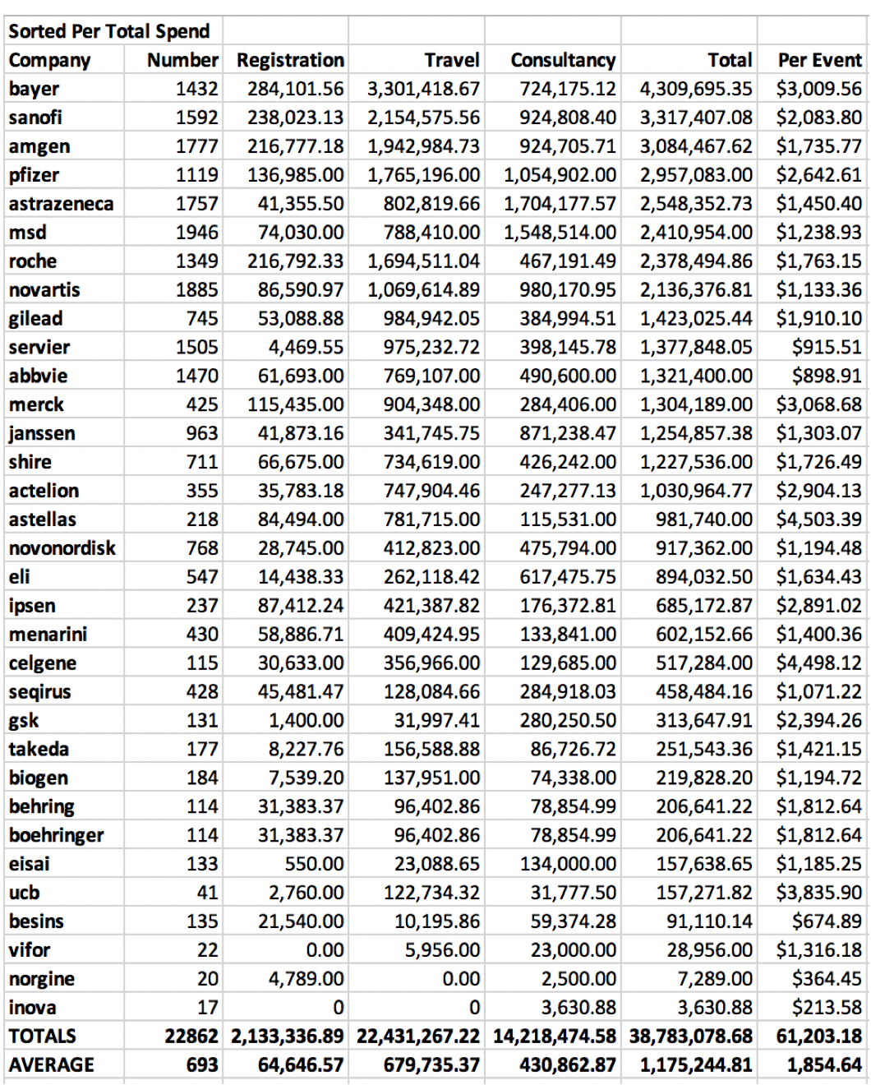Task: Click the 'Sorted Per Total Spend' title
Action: [x=109, y=31]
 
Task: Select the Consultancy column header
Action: [x=563, y=60]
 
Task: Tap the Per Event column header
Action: [x=820, y=60]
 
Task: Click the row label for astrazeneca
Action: [x=62, y=204]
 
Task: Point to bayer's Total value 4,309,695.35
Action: [x=696, y=89]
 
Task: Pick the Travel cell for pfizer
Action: [x=423, y=175]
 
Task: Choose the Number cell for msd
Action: [x=196, y=233]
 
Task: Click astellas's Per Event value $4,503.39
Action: [x=819, y=519]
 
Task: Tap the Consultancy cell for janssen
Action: [x=567, y=433]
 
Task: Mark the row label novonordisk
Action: [x=62, y=548]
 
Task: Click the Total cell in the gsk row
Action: [x=703, y=721]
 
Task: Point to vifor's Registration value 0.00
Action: [x=325, y=950]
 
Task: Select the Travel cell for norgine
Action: [x=461, y=979]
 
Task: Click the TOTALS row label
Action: [x=43, y=1037]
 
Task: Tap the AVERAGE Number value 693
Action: [x=202, y=1065]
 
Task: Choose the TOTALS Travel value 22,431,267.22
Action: [x=418, y=1037]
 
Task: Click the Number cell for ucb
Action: [x=207, y=893]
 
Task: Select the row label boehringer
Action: [x=57, y=835]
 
